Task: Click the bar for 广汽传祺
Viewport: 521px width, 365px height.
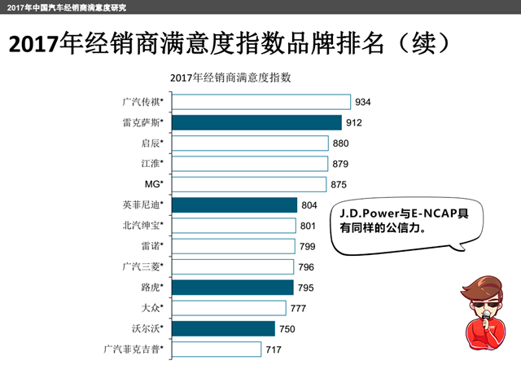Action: click(x=261, y=103)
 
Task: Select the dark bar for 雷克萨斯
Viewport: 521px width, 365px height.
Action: click(x=256, y=123)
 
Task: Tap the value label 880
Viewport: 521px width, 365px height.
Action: click(x=342, y=143)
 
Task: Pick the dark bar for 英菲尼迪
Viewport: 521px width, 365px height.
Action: click(x=234, y=205)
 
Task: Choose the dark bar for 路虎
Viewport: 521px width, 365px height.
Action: click(x=232, y=287)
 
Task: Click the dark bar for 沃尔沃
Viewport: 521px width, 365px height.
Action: click(x=223, y=328)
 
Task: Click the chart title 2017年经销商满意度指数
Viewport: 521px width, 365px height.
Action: click(x=231, y=79)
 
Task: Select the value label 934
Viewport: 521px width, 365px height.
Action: click(x=363, y=103)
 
